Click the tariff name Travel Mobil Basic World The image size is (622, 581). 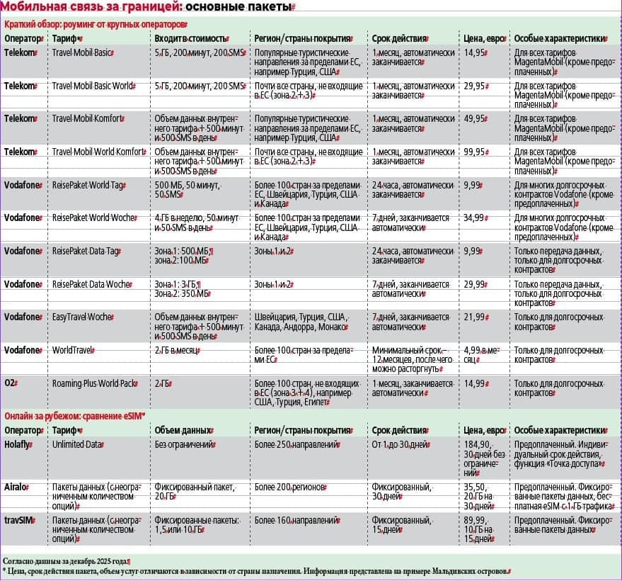tap(93, 86)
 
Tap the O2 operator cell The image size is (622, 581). tap(11, 383)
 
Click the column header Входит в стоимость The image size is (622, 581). tap(191, 38)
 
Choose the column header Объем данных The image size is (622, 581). tap(183, 430)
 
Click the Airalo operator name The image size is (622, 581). tap(18, 487)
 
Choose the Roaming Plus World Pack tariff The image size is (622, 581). tap(94, 383)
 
